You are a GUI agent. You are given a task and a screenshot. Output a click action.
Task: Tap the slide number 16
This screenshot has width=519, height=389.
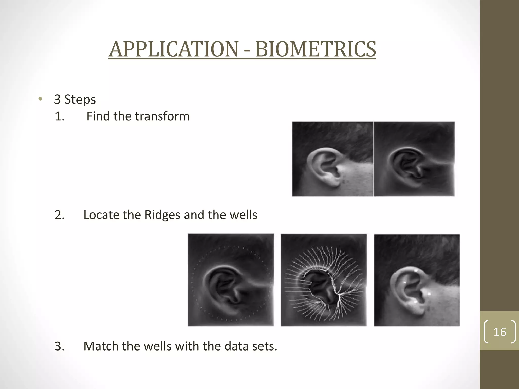pos(500,332)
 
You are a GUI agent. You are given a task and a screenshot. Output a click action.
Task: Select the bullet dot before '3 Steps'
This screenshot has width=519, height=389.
pos(40,99)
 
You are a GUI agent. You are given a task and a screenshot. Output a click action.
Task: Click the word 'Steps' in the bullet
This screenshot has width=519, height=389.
pos(80,100)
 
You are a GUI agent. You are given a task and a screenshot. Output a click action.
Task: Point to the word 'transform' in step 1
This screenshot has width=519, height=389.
pos(162,116)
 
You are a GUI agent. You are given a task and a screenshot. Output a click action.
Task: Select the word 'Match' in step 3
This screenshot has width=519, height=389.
pos(101,346)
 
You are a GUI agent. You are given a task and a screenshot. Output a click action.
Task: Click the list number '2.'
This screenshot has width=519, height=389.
pos(60,215)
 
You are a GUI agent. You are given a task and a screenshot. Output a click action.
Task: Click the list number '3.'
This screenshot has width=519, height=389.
pos(60,346)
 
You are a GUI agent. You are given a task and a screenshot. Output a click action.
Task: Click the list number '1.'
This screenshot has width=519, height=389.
pos(60,116)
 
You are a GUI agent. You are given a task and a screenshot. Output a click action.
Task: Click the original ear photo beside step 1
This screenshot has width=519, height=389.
pos(332,159)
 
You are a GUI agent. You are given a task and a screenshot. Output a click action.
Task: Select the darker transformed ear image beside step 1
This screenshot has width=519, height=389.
pos(414,159)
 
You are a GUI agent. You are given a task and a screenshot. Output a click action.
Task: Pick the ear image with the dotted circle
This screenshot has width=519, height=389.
pos(231,280)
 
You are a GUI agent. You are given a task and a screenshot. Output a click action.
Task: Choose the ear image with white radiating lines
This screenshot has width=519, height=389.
pos(324,280)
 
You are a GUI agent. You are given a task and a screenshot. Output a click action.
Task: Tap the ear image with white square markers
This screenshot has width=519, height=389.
pos(417,280)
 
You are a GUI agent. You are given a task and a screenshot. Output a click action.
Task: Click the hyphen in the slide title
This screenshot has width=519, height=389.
pos(247,50)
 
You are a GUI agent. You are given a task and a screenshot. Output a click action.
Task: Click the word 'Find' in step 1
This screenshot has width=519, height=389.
pos(98,116)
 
